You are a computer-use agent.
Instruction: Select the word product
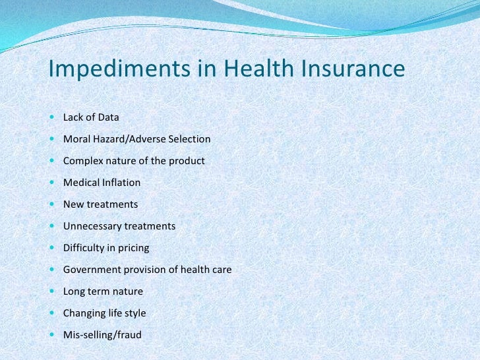pos(187,161)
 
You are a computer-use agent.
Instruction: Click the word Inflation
pos(121,183)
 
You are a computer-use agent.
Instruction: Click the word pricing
pos(134,248)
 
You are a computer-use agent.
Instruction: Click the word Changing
pos(84,313)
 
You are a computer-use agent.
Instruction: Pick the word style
pos(135,313)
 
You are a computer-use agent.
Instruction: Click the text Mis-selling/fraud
pos(102,335)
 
